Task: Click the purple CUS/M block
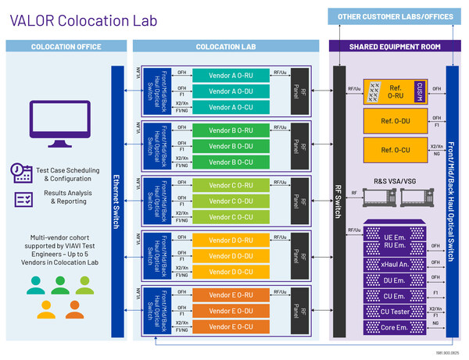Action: point(420,91)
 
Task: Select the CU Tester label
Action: point(395,312)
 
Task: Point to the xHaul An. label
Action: point(395,265)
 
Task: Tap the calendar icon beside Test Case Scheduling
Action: point(22,171)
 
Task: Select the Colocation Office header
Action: point(66,47)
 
